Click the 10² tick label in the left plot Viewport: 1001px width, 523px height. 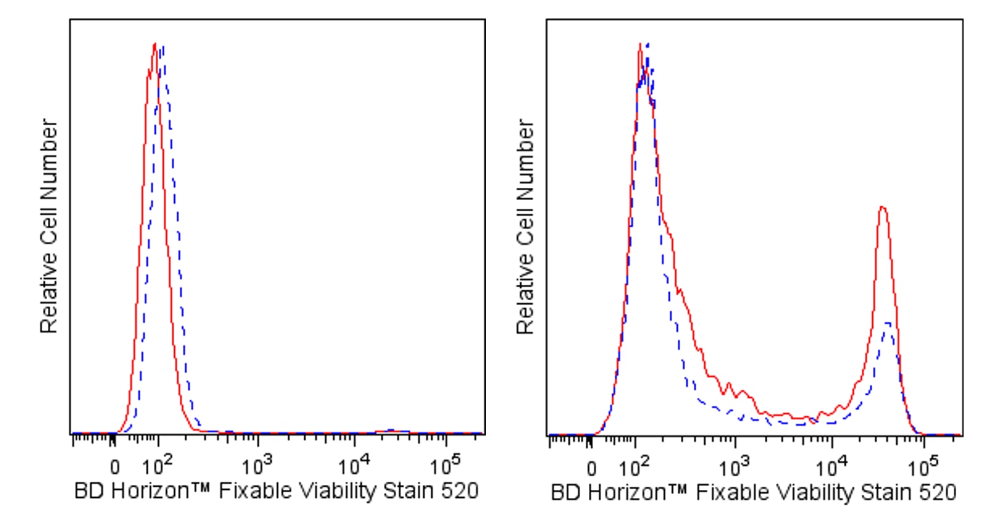click(x=157, y=467)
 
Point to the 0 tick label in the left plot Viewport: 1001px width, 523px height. click(x=115, y=469)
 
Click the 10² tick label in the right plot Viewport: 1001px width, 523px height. click(x=634, y=468)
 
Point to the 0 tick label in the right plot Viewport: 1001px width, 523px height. click(x=591, y=470)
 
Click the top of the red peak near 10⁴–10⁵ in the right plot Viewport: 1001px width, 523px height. click(x=882, y=207)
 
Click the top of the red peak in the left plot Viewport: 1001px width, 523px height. click(x=155, y=44)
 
